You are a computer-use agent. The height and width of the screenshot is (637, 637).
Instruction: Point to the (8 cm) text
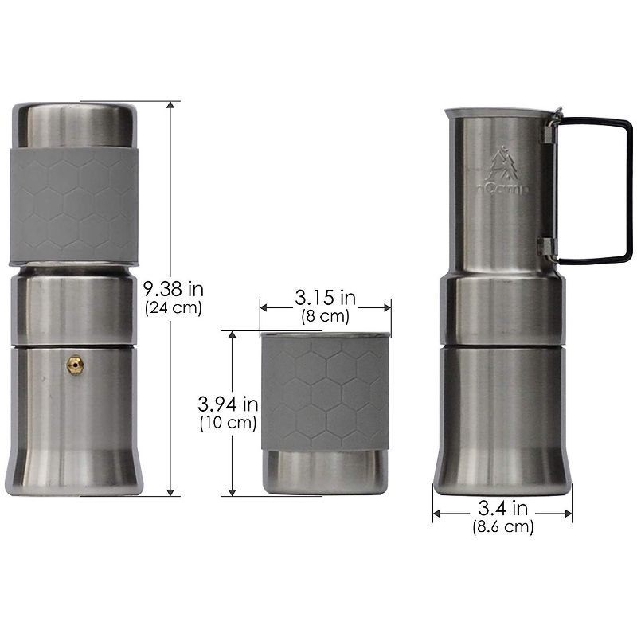point(325,316)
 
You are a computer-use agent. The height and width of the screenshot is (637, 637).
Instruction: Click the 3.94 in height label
point(228,405)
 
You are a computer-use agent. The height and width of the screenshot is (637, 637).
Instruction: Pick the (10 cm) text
point(228,424)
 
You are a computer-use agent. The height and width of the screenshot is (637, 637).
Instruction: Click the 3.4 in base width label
point(502,507)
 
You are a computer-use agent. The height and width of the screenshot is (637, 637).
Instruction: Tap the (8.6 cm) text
point(502,526)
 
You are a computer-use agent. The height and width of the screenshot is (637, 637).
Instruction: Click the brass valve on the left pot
point(73,363)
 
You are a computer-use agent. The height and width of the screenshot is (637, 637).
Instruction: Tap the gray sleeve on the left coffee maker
point(72,205)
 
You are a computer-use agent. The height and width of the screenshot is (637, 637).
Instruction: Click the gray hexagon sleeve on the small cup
point(325,390)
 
